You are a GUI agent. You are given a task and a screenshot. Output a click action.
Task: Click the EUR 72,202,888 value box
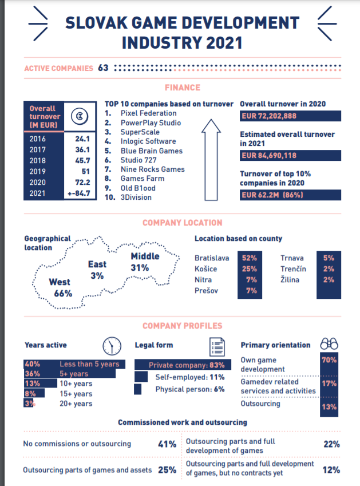pos(290,116)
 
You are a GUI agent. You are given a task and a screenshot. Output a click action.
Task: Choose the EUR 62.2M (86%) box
pos(290,195)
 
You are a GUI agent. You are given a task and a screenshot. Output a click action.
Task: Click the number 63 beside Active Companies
pos(103,68)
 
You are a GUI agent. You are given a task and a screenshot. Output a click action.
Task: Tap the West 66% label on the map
pos(60,287)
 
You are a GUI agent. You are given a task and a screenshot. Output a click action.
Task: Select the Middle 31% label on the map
pos(145,262)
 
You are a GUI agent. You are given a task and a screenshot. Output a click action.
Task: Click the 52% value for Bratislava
pos(250,258)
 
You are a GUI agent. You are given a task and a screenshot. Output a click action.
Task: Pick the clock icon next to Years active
pos(112,345)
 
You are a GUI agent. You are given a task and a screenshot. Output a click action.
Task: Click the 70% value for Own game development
pos(329,361)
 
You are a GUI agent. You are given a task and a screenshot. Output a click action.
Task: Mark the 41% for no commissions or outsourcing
pos(167,444)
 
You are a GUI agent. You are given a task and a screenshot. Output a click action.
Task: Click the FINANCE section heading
pos(182,88)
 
